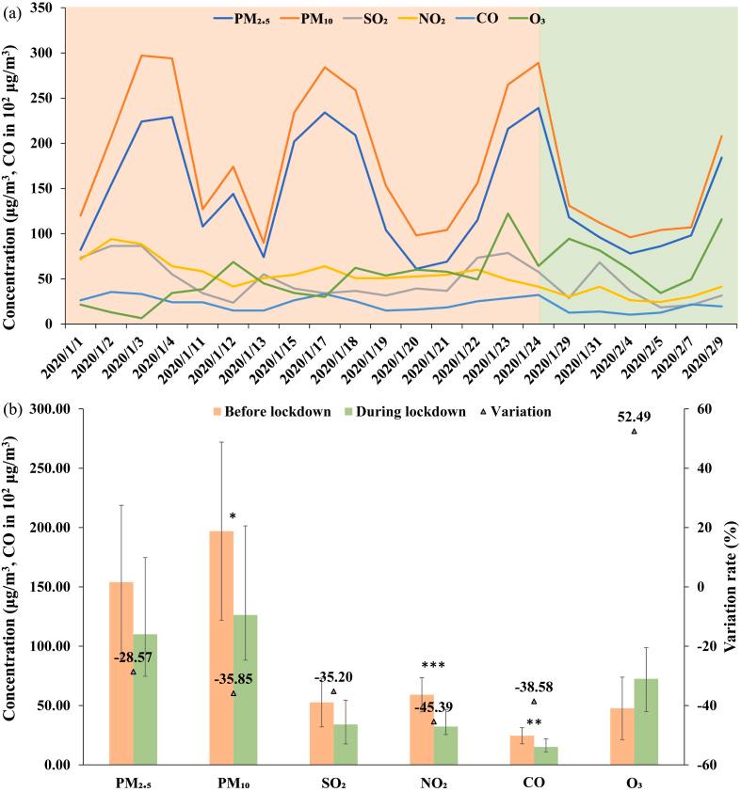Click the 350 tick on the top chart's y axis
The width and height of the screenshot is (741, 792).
coord(43,8)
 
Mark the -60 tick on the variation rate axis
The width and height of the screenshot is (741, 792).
coord(701,765)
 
